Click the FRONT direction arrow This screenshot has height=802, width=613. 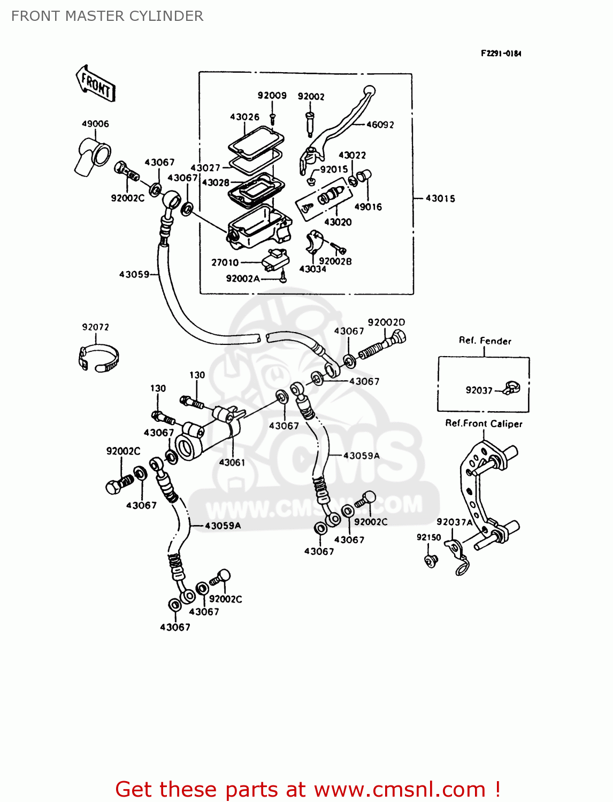pos(96,83)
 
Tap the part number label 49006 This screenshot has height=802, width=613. pos(95,124)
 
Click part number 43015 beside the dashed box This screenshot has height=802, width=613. pos(440,198)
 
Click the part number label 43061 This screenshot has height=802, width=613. pos(232,462)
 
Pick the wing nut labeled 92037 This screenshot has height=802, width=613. pos(512,388)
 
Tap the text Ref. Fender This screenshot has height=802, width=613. pos(485,341)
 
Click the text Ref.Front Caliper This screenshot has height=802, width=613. pos(484,423)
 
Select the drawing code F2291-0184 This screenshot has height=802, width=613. pos(501,53)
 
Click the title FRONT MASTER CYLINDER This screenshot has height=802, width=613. pos(107,16)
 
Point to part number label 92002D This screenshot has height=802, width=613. pos(386,322)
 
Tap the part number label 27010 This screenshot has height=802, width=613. pos(225,263)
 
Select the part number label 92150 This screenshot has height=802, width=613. pos(428,537)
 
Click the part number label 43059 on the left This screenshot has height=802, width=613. pos(134,274)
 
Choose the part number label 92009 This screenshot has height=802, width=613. pos(272,96)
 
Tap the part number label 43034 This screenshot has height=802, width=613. pos(312,269)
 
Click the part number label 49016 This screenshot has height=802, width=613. pos(368,207)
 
